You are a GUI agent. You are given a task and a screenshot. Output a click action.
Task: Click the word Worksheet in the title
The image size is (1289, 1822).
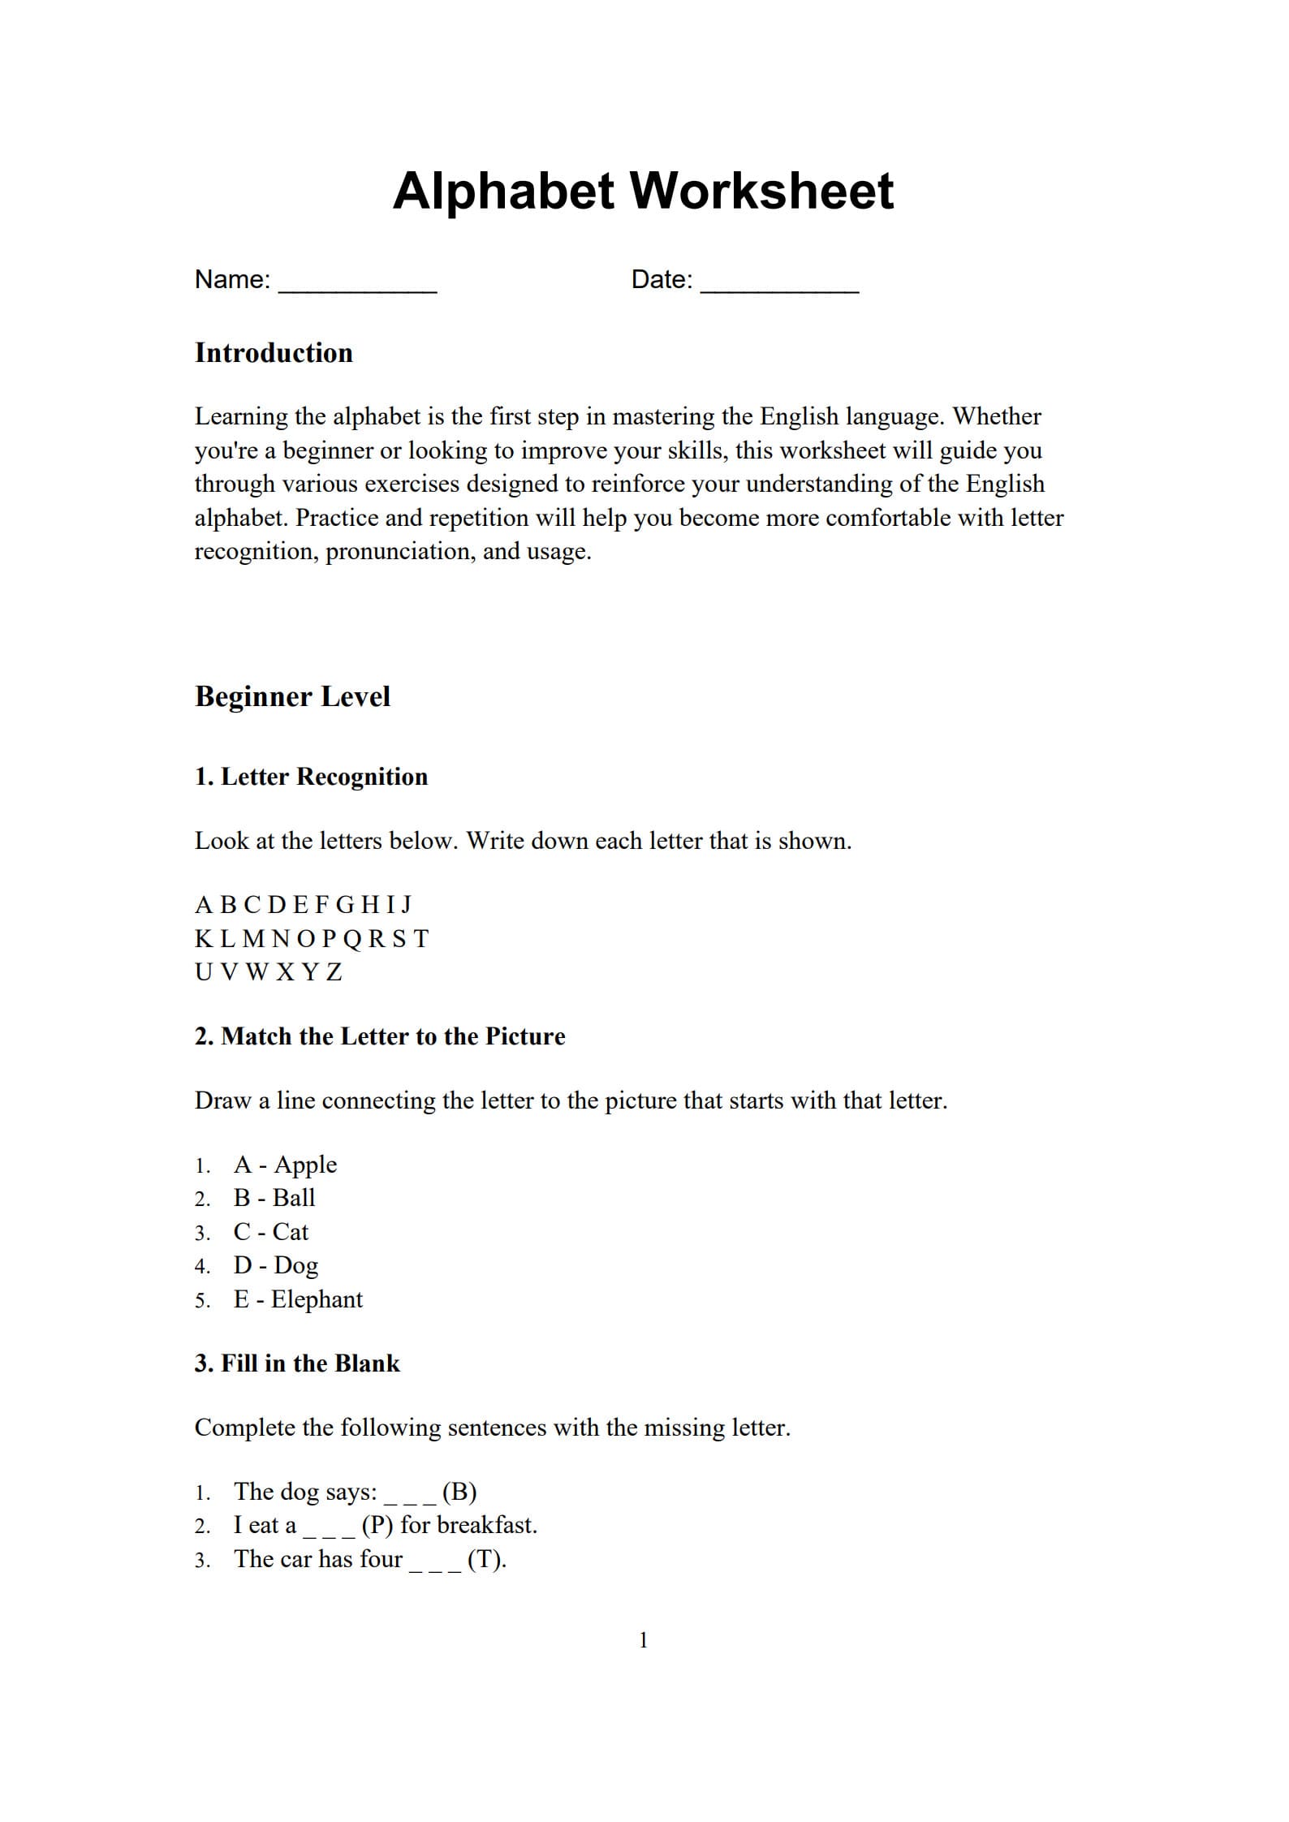point(761,192)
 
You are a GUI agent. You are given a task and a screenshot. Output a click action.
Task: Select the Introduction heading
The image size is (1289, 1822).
point(274,353)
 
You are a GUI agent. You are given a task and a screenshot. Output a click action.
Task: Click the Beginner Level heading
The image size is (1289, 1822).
point(292,696)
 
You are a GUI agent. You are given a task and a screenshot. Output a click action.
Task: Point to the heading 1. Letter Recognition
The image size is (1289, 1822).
point(311,777)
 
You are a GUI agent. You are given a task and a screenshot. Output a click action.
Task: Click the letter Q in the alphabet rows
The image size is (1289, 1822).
point(352,939)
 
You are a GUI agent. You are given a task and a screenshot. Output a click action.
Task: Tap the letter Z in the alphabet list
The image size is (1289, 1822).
point(334,972)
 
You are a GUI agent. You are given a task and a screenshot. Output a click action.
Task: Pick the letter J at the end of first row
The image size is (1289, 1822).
point(407,905)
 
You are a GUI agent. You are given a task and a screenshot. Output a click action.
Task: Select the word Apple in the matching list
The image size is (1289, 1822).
point(305,1165)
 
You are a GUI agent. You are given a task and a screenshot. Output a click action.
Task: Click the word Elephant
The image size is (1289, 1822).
point(317,1299)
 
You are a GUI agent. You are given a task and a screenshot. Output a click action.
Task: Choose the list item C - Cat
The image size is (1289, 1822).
point(270,1232)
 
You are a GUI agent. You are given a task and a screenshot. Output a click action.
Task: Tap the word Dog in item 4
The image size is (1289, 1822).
point(295,1266)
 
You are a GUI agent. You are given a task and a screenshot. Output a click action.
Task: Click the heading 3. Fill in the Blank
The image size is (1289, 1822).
point(297,1363)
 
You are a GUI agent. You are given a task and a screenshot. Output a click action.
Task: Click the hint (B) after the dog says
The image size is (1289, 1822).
point(459,1492)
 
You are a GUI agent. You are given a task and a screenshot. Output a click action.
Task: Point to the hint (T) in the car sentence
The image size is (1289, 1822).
point(486,1559)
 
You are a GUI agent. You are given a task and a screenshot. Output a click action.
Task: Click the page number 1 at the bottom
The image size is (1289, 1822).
point(644,1640)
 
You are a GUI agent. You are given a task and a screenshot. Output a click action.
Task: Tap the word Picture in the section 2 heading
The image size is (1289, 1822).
point(525,1036)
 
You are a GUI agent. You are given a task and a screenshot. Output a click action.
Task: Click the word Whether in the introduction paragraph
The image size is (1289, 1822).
point(997,416)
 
